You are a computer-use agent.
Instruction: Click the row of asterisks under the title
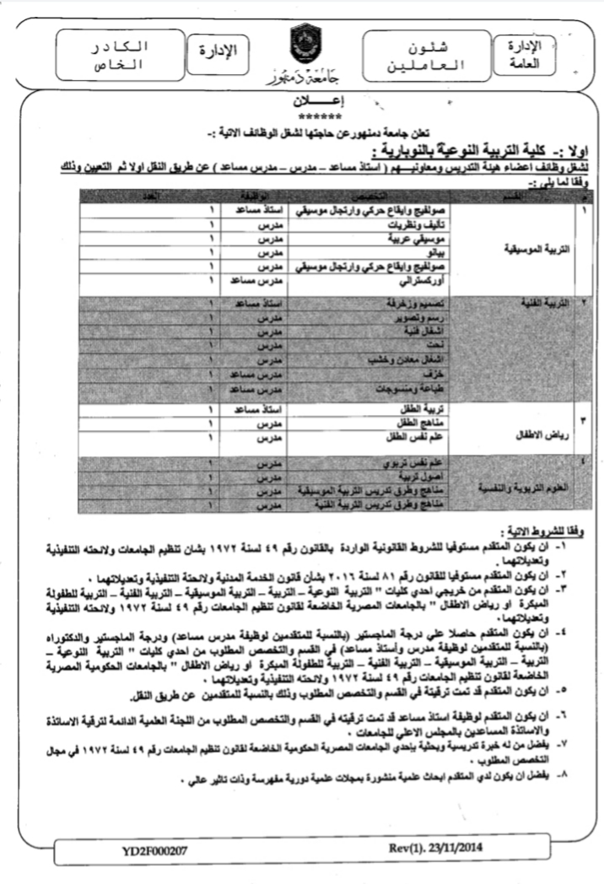(302, 116)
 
